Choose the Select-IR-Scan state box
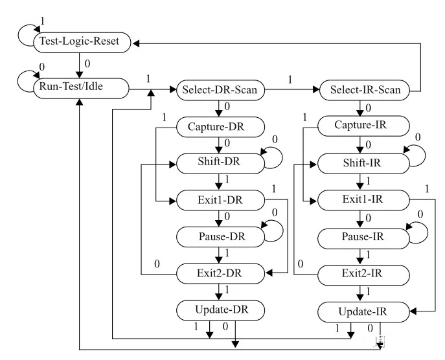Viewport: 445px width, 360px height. (x=365, y=91)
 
